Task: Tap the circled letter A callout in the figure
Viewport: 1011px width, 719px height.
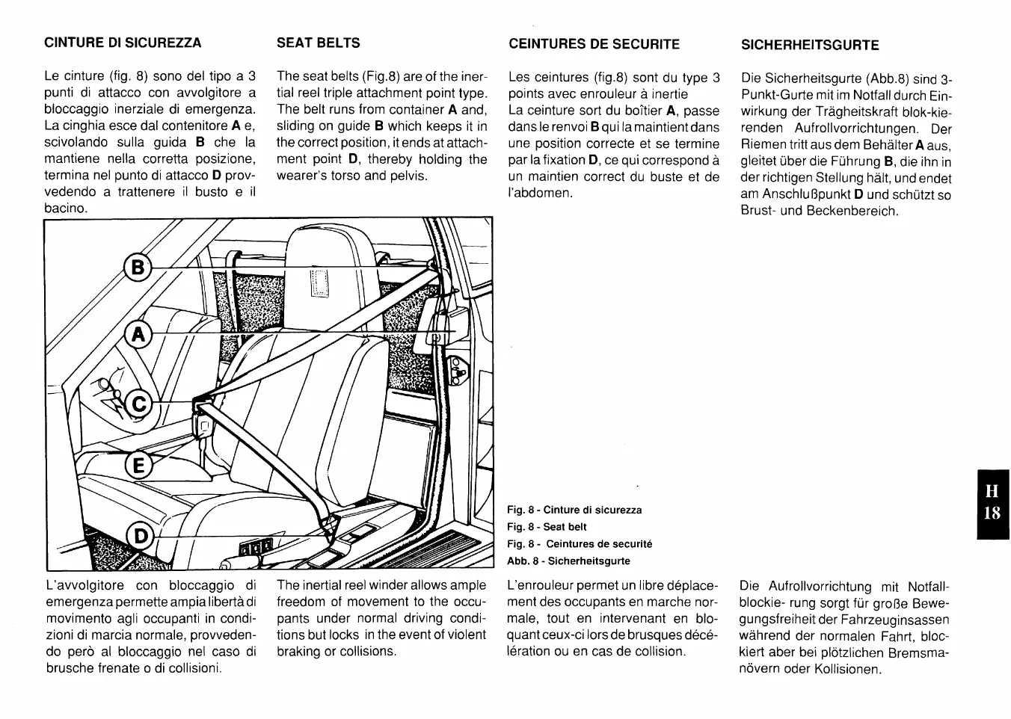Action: (x=138, y=333)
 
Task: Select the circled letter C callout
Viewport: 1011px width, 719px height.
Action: (x=138, y=404)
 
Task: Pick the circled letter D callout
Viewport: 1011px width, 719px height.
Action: (x=140, y=535)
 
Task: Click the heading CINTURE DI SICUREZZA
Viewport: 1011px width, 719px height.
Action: (x=123, y=43)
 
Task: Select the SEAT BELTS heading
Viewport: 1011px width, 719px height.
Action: (x=318, y=43)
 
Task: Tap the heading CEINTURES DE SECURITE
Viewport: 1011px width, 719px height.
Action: (x=594, y=44)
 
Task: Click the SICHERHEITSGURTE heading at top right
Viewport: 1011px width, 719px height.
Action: (x=810, y=45)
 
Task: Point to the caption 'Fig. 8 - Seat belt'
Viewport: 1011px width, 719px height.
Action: (x=547, y=527)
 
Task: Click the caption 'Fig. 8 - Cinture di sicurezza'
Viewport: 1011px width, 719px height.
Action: (x=574, y=510)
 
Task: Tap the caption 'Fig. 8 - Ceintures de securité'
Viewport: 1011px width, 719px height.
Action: (x=580, y=544)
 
